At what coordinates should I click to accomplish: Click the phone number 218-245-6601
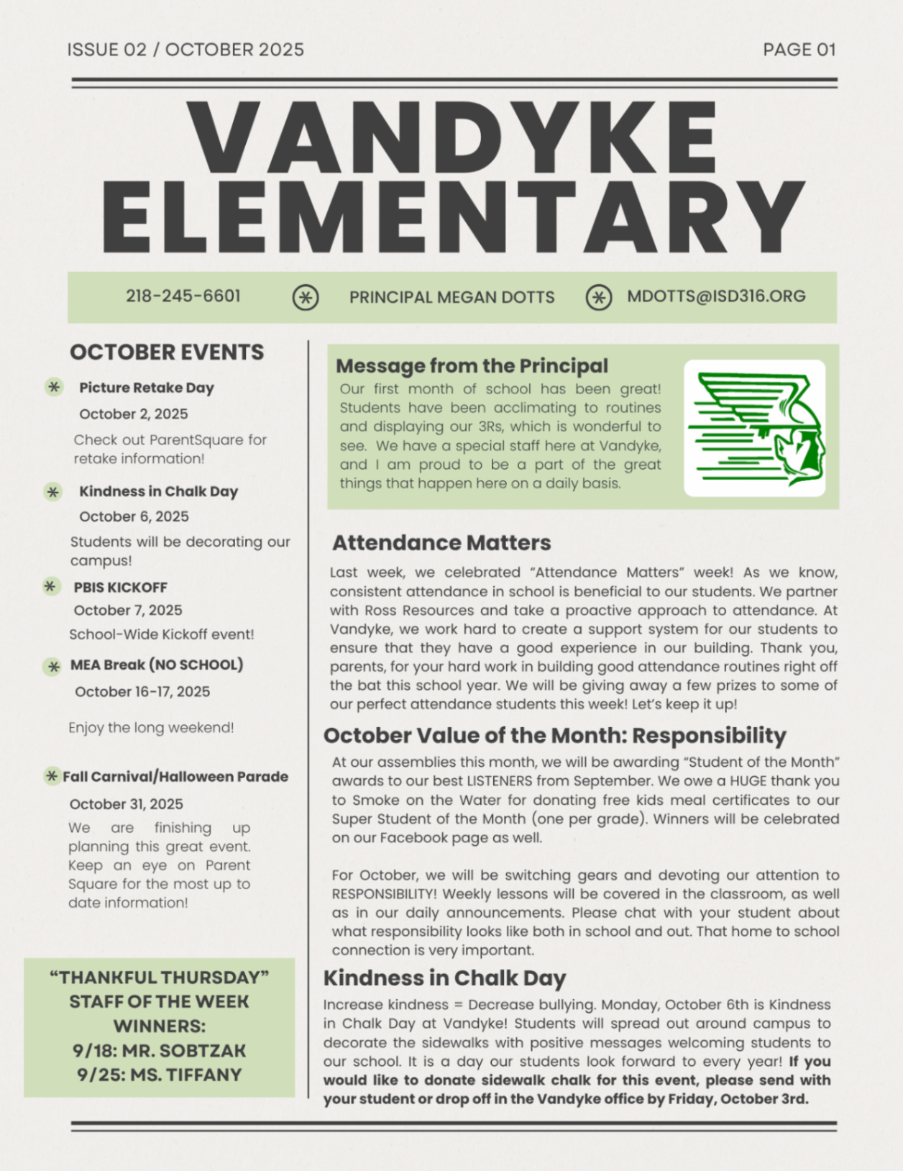(183, 296)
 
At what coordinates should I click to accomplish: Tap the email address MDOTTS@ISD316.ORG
(716, 296)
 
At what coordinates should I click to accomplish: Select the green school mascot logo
(754, 428)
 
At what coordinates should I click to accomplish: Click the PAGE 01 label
(799, 50)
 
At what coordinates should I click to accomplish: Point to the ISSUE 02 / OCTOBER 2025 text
(185, 50)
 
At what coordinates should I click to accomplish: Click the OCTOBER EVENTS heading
(167, 352)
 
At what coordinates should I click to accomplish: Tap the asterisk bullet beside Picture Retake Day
(54, 387)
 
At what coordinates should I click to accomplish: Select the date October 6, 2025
(134, 516)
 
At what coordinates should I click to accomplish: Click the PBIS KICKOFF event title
(120, 587)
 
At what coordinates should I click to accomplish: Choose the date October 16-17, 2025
(142, 691)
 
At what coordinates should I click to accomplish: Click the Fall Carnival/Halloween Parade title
(175, 776)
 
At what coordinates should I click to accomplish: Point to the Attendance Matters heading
(441, 543)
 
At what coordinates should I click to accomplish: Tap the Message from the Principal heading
(472, 366)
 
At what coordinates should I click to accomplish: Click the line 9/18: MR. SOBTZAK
(159, 1050)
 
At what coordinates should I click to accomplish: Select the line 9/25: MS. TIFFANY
(159, 1075)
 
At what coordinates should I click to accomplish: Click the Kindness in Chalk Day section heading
(444, 978)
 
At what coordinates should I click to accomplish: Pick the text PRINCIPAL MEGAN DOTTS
(451, 297)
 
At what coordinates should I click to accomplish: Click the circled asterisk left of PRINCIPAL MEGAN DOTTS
(306, 297)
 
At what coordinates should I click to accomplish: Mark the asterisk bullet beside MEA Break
(52, 667)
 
